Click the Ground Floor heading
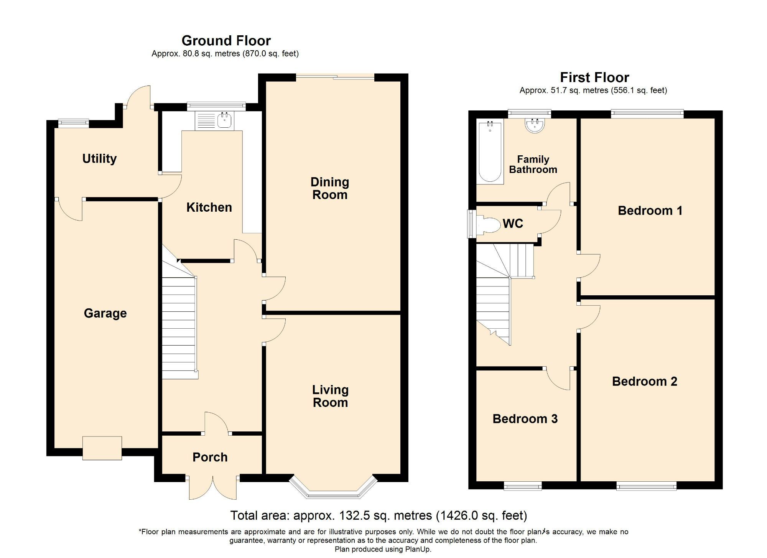pos(226,41)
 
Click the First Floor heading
pos(594,77)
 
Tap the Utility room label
pos(99,158)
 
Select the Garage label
pos(105,313)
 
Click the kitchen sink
pos(224,121)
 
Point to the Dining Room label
pos(329,188)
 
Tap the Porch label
pos(210,457)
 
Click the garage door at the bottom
pos(102,448)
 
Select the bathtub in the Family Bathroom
pos(490,152)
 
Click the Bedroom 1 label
pos(650,211)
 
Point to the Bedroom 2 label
pos(644,381)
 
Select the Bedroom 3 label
pos(525,419)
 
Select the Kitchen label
pos(209,207)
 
